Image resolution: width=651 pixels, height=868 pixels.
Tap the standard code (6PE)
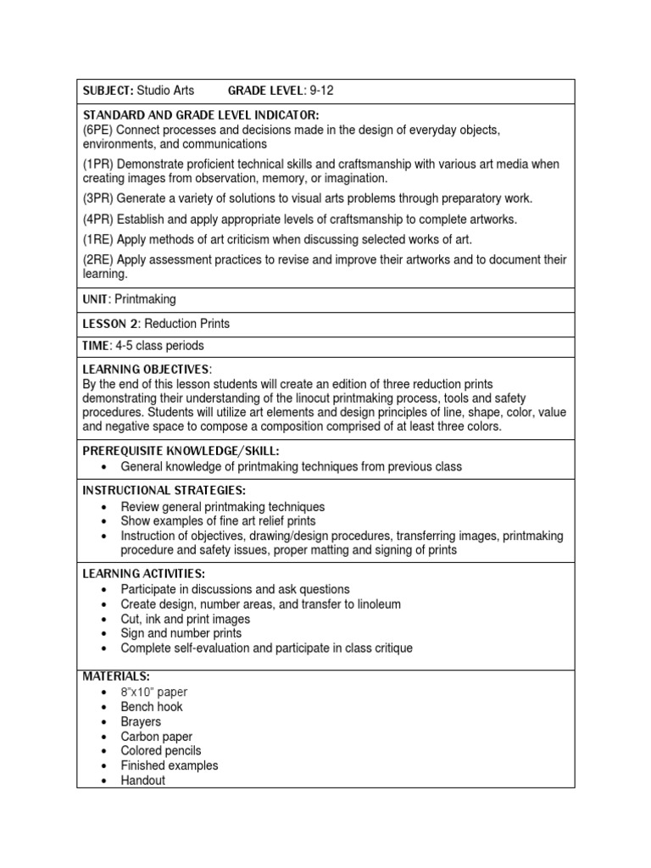pyautogui.click(x=99, y=130)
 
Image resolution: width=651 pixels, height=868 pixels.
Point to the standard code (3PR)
pyautogui.click(x=100, y=198)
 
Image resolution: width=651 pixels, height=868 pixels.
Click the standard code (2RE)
pyautogui.click(x=99, y=259)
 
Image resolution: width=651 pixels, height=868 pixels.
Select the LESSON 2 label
pyautogui.click(x=114, y=323)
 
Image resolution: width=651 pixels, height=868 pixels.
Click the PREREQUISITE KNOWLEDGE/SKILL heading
pyautogui.click(x=181, y=451)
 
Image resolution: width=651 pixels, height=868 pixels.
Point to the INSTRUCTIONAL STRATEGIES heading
pyautogui.click(x=164, y=491)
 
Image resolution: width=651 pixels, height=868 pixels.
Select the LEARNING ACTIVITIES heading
pyautogui.click(x=144, y=574)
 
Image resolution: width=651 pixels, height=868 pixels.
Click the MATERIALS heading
pyautogui.click(x=116, y=676)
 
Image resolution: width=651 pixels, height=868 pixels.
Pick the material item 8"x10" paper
pyautogui.click(x=154, y=692)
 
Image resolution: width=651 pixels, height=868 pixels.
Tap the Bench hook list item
pyautogui.click(x=152, y=707)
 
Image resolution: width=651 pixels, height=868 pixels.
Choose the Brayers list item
pyautogui.click(x=141, y=721)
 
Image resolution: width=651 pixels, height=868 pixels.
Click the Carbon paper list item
pyautogui.click(x=156, y=737)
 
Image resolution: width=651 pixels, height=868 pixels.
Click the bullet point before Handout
pyautogui.click(x=103, y=781)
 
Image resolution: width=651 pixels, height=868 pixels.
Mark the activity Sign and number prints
pyautogui.click(x=181, y=633)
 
